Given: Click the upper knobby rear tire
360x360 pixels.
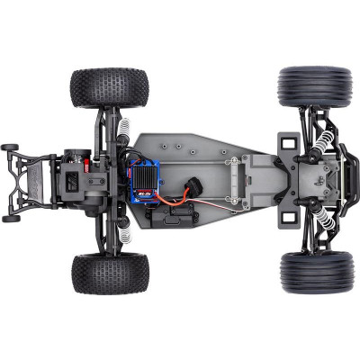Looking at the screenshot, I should coord(109,87).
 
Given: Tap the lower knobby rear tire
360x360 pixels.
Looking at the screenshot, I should coord(109,273).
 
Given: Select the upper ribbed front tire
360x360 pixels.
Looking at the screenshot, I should coord(314,86).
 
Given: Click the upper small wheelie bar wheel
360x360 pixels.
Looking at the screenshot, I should coord(11,147).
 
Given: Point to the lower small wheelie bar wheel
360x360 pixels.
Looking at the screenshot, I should coord(11,218).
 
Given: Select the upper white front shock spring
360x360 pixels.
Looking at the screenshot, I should coord(322,143).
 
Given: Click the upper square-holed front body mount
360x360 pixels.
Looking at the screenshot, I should coord(288,142).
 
